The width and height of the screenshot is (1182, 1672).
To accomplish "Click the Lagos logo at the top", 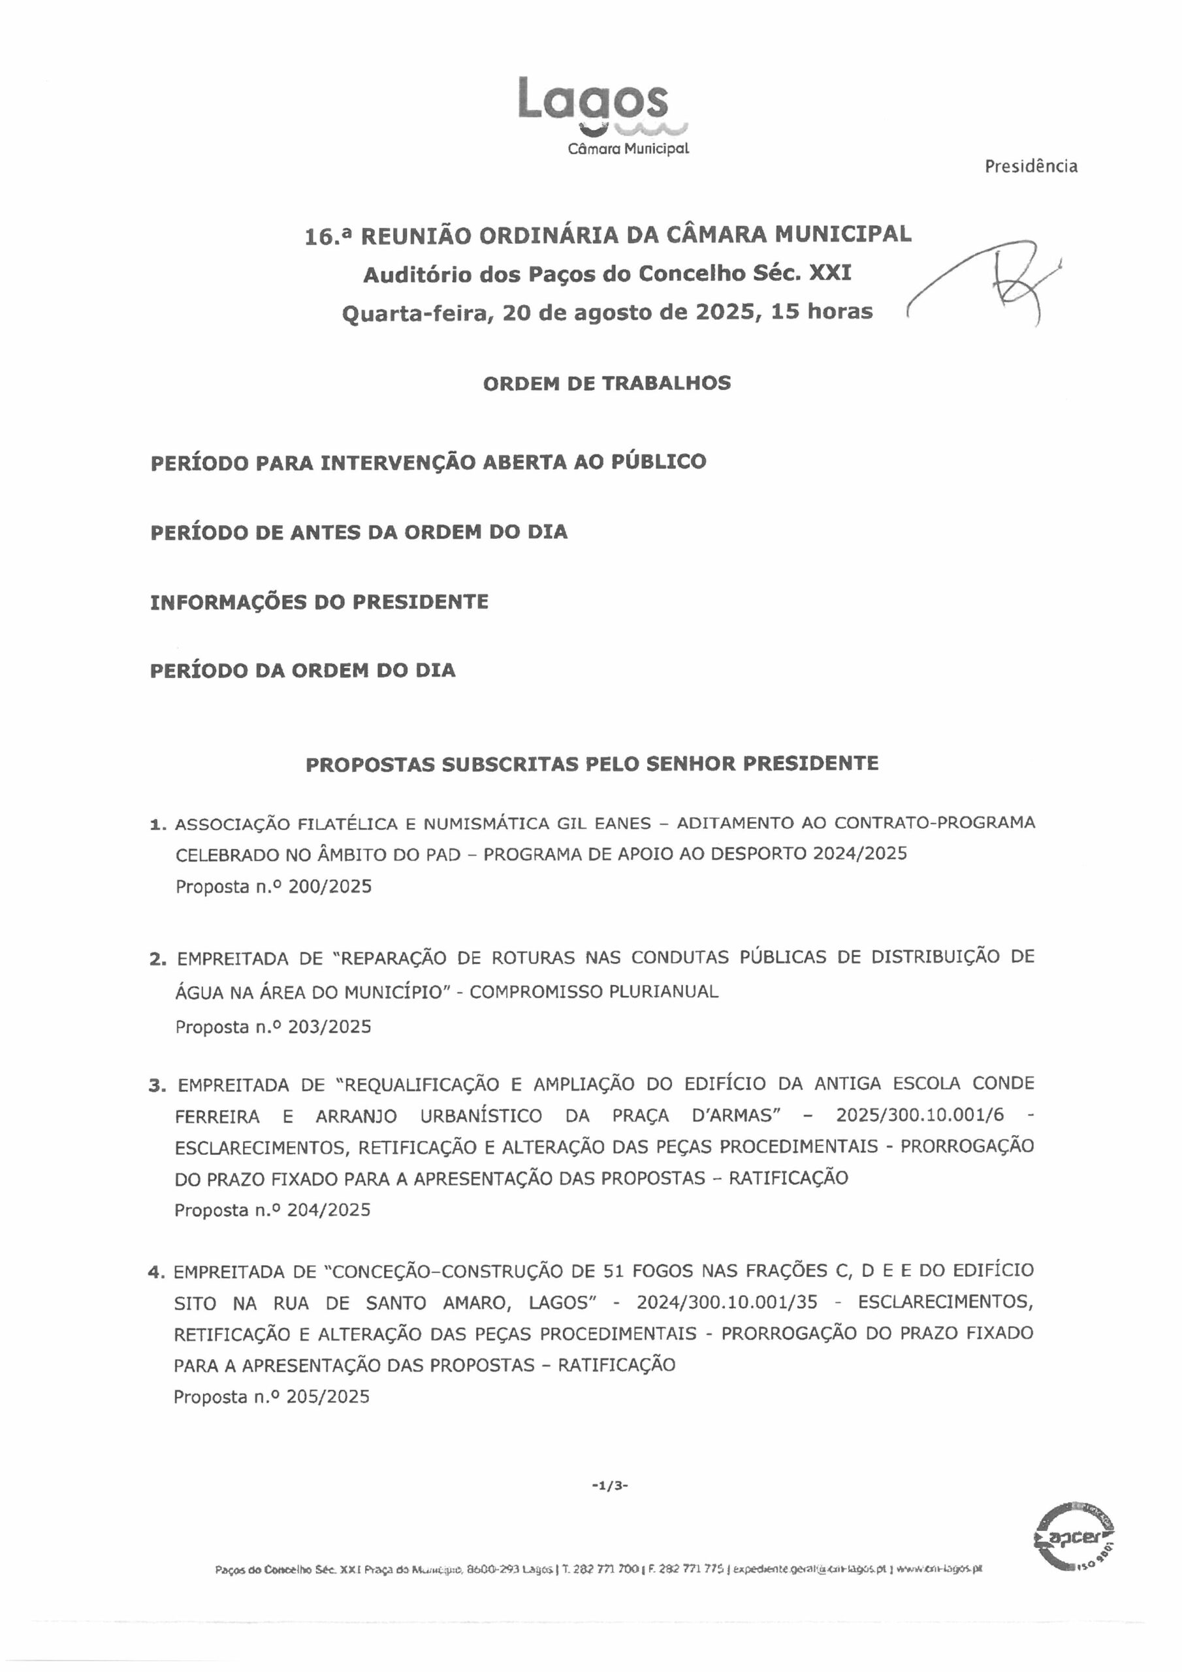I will (593, 102).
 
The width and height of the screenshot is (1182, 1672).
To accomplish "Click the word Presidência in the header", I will (1030, 167).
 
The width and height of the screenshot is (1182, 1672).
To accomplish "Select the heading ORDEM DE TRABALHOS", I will (607, 384).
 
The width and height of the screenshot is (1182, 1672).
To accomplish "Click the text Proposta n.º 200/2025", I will (273, 887).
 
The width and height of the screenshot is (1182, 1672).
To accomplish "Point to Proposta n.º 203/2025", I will (273, 1027).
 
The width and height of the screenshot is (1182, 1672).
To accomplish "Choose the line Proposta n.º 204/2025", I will (272, 1210).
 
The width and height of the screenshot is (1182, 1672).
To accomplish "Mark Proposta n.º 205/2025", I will (272, 1398).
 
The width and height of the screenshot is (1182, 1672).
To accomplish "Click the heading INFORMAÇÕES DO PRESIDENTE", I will (319, 602).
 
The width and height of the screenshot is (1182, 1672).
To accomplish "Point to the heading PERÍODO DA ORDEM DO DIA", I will (303, 671).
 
